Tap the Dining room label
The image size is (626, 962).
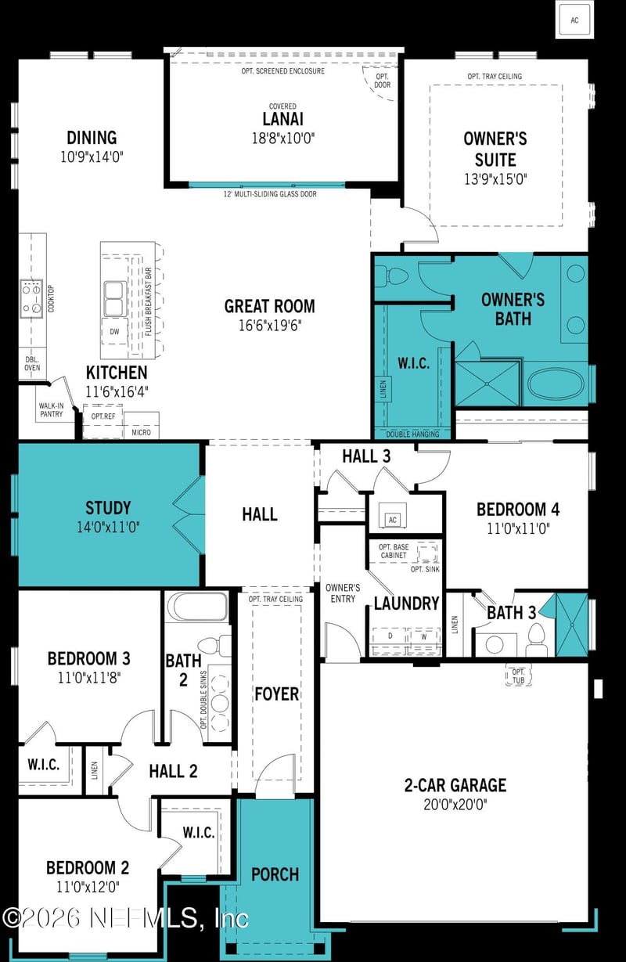pyautogui.click(x=92, y=138)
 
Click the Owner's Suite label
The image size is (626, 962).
pyautogui.click(x=495, y=149)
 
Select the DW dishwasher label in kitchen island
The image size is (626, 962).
pyautogui.click(x=114, y=331)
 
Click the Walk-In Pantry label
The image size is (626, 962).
pyautogui.click(x=51, y=410)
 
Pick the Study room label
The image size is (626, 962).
pyautogui.click(x=108, y=508)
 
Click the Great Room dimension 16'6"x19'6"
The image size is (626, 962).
pyautogui.click(x=269, y=325)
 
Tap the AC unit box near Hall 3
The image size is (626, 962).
pyautogui.click(x=394, y=519)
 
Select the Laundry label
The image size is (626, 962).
pyautogui.click(x=406, y=604)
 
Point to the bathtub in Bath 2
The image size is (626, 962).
pyautogui.click(x=197, y=607)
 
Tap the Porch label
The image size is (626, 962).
pyautogui.click(x=275, y=874)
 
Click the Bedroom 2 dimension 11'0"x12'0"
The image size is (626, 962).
pyautogui.click(x=88, y=887)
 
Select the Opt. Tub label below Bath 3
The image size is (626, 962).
pyautogui.click(x=518, y=675)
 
